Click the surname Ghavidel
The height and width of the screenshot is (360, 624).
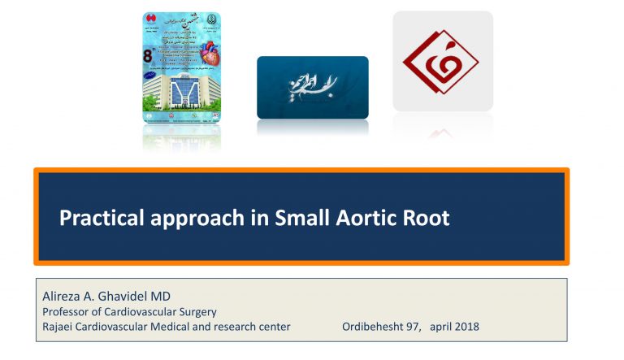(x=127, y=296)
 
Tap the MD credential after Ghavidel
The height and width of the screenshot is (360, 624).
(x=169, y=296)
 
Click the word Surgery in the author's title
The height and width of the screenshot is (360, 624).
(x=198, y=311)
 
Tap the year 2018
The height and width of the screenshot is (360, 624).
(x=466, y=327)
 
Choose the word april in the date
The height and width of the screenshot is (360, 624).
(x=435, y=327)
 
